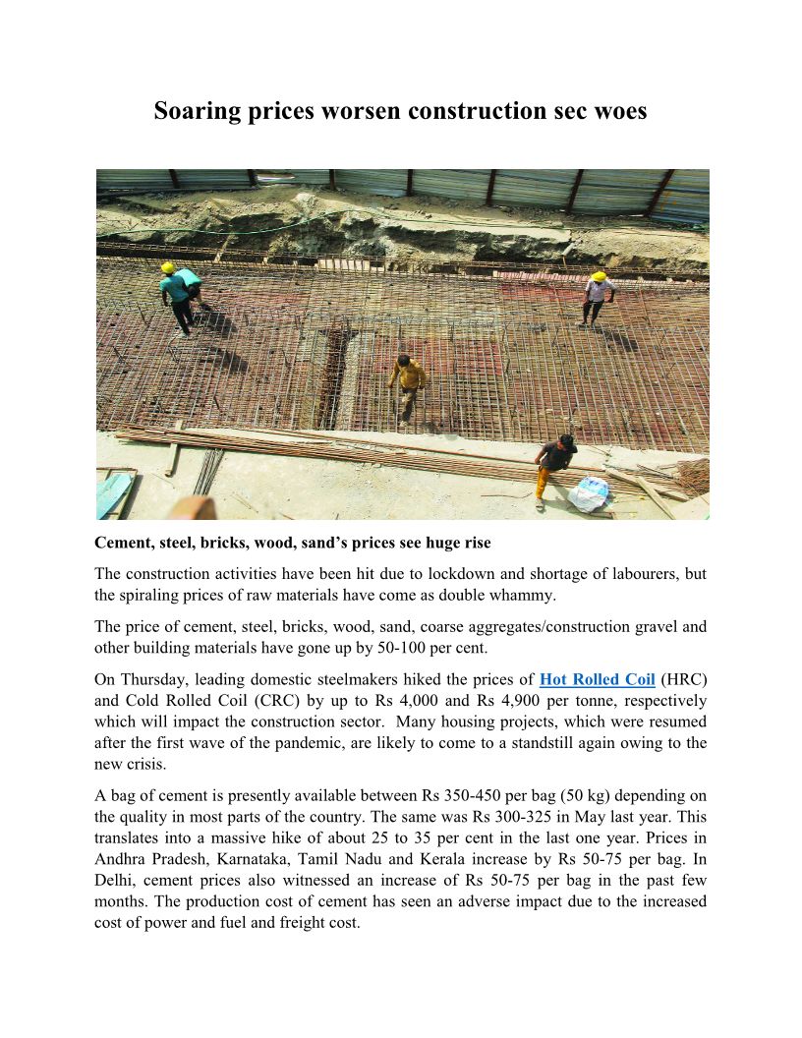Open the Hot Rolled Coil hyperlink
598,679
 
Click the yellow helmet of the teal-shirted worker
168,267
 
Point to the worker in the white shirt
596,296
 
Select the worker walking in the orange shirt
406,384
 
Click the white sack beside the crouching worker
590,493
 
